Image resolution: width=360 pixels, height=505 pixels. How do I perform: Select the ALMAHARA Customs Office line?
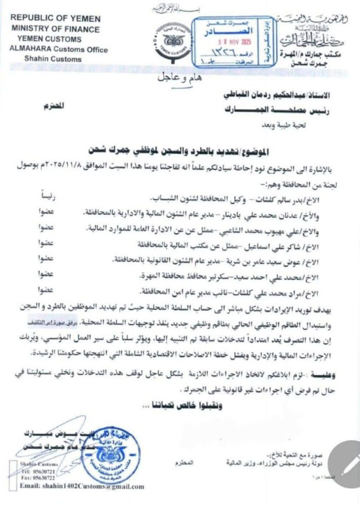pos(58,50)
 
